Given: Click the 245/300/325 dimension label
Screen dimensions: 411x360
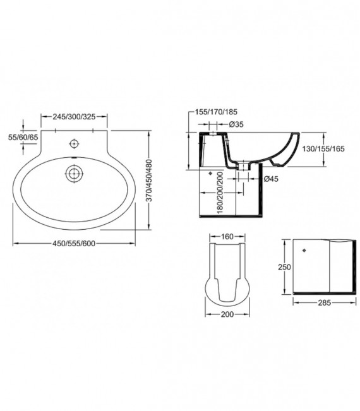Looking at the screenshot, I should coord(75,116).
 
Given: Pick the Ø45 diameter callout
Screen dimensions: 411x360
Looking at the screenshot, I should coord(270,178).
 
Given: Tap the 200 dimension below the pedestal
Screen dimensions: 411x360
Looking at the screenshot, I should coord(227,314).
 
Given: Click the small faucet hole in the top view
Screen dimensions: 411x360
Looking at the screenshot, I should coord(74,142).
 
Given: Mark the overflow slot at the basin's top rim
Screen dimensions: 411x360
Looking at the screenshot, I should coord(75,157).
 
